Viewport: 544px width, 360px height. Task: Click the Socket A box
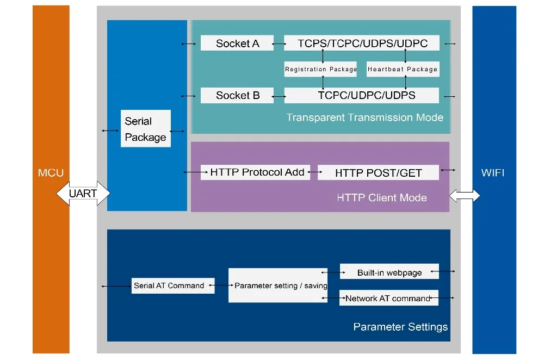[237, 43]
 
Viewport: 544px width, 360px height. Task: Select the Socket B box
[237, 95]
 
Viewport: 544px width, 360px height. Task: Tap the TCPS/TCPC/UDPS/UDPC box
[362, 43]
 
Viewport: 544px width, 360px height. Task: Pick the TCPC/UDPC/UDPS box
[362, 95]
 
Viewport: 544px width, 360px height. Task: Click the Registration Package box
[320, 69]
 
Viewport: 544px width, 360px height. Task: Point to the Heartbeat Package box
[403, 69]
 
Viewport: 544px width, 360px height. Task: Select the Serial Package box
[146, 129]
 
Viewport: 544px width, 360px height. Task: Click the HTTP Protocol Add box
[255, 172]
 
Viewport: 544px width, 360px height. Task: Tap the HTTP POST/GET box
[378, 172]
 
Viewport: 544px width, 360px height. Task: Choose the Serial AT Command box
[173, 286]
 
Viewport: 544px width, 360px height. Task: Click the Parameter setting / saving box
[278, 285]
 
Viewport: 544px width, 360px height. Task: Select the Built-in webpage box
[390, 271]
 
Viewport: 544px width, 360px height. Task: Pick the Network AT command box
[389, 298]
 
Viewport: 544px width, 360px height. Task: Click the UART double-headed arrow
[83, 193]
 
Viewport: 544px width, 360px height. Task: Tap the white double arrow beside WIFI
[465, 196]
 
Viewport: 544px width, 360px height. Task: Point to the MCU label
[51, 173]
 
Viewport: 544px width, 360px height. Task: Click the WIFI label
[493, 173]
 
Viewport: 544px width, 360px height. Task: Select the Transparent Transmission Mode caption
[364, 117]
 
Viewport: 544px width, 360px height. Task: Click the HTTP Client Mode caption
[382, 198]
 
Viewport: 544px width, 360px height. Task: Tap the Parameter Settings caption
[400, 327]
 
